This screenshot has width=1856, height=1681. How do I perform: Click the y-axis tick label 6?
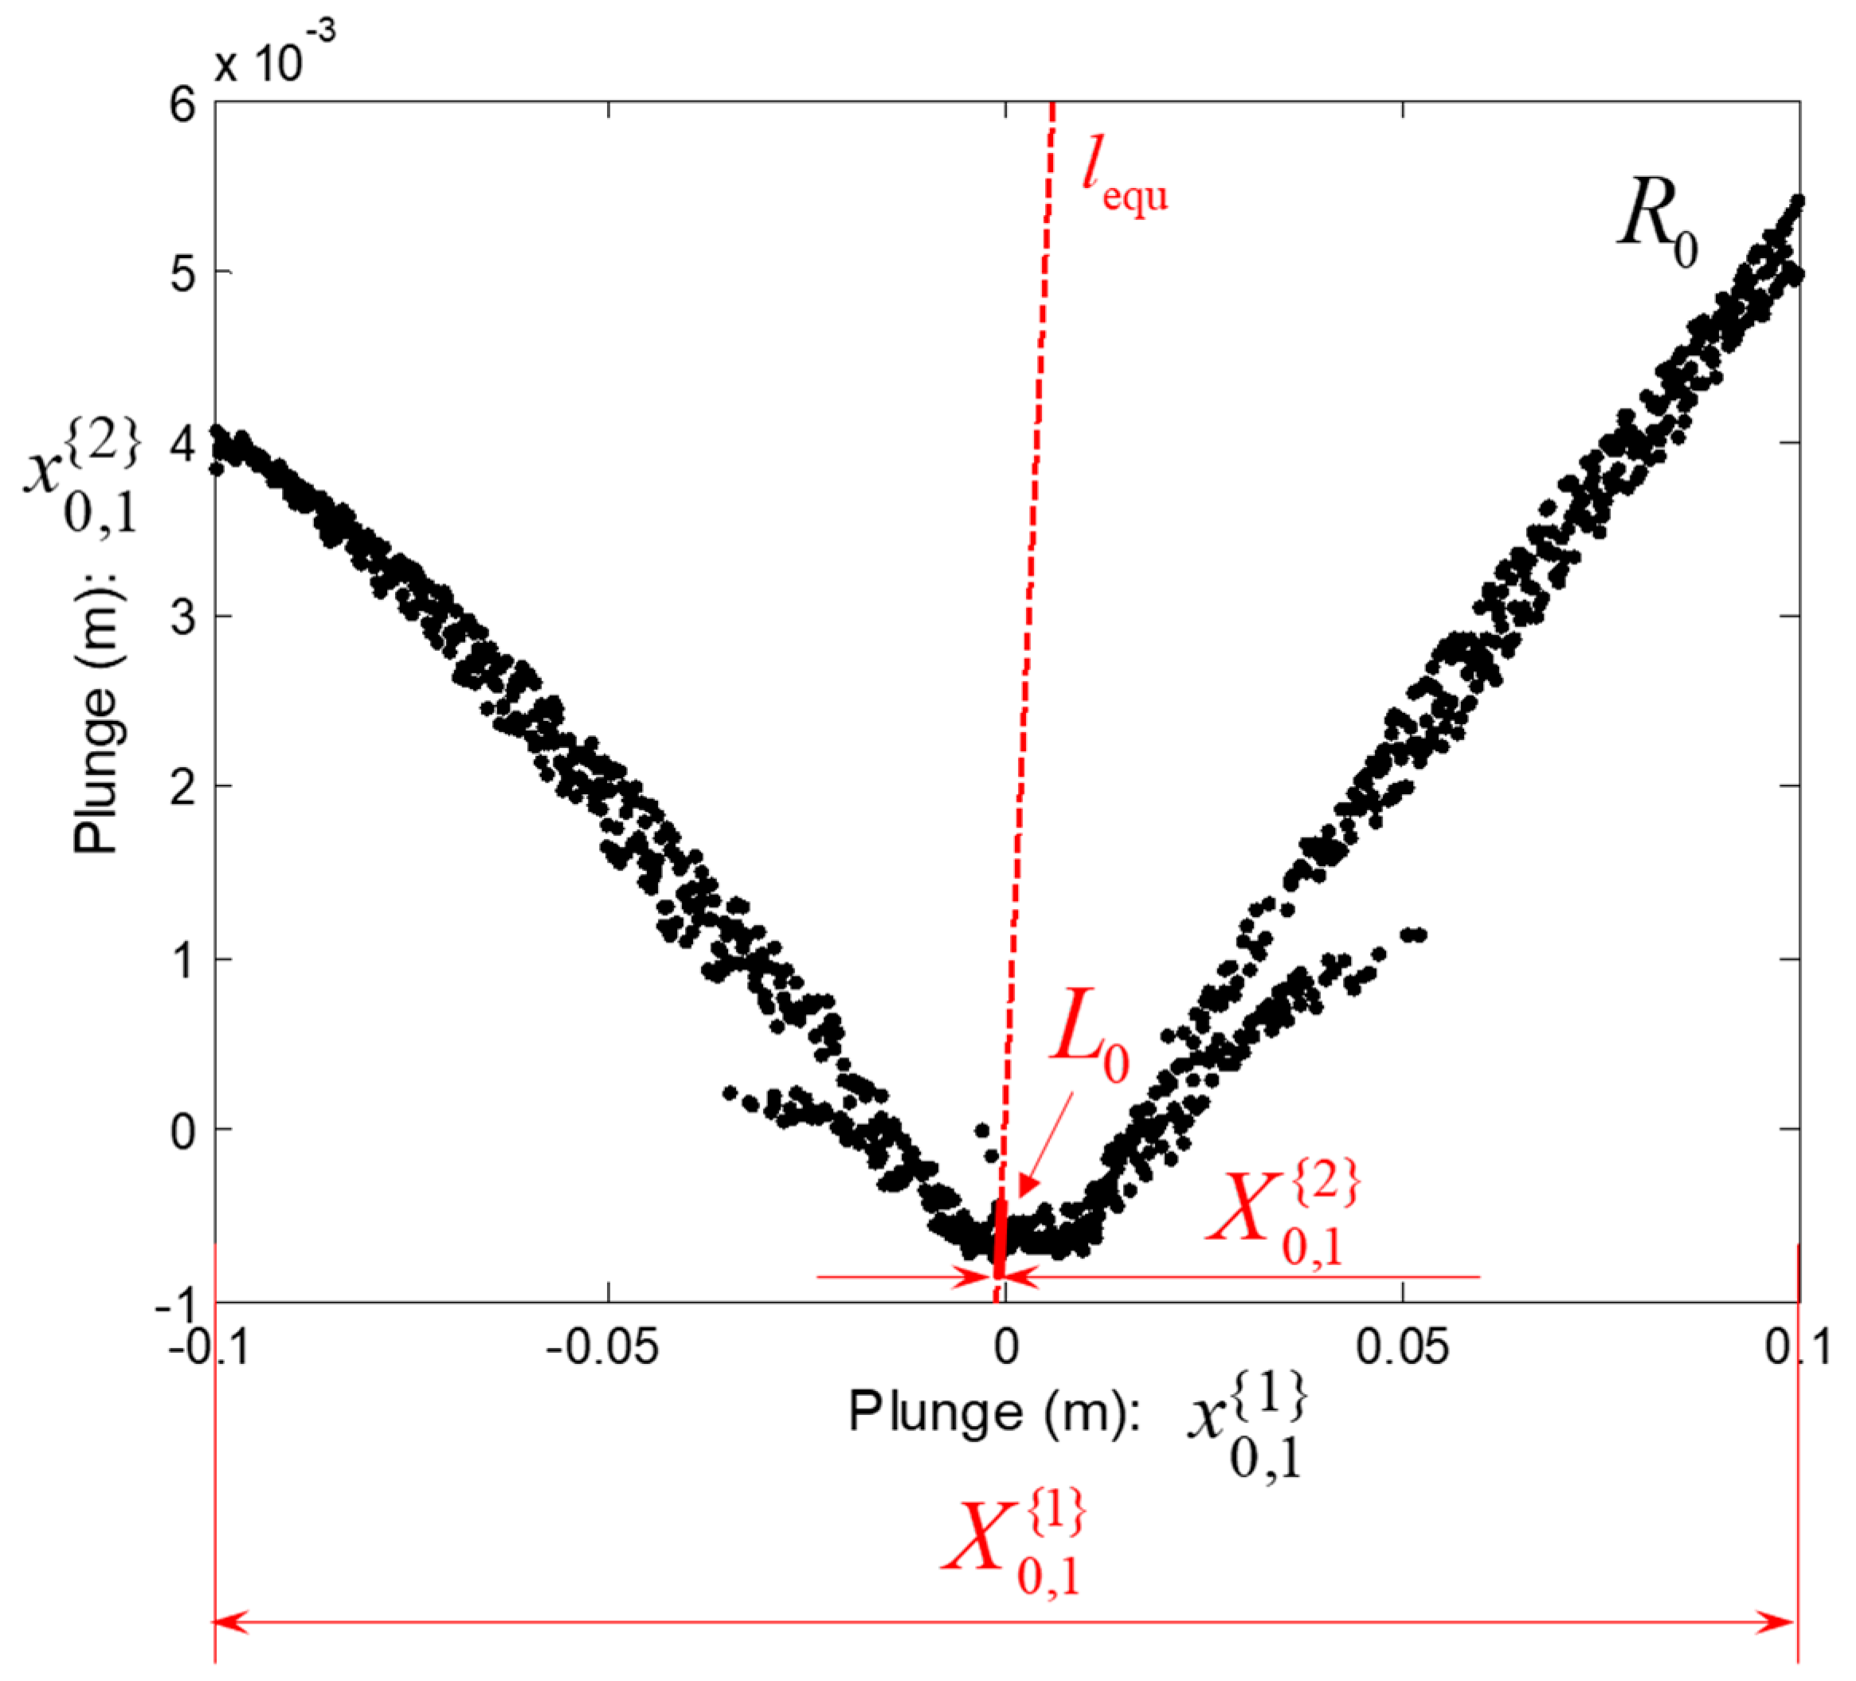(x=182, y=105)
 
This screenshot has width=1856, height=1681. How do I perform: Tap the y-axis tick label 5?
(x=182, y=274)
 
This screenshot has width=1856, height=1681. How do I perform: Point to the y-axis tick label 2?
(x=182, y=788)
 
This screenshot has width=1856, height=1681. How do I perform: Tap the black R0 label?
(x=1657, y=221)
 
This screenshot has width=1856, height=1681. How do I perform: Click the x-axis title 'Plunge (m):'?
(x=994, y=1411)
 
